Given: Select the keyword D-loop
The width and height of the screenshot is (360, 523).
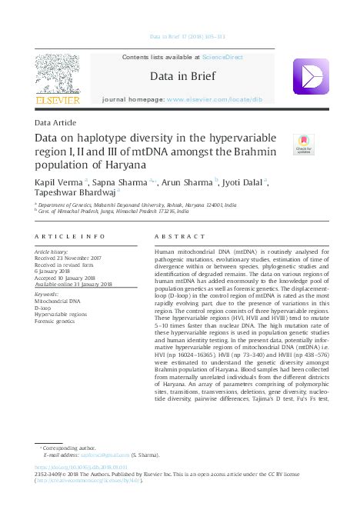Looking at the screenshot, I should coord(46,308).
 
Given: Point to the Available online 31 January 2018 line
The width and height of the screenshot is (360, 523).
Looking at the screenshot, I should coord(74,284).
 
